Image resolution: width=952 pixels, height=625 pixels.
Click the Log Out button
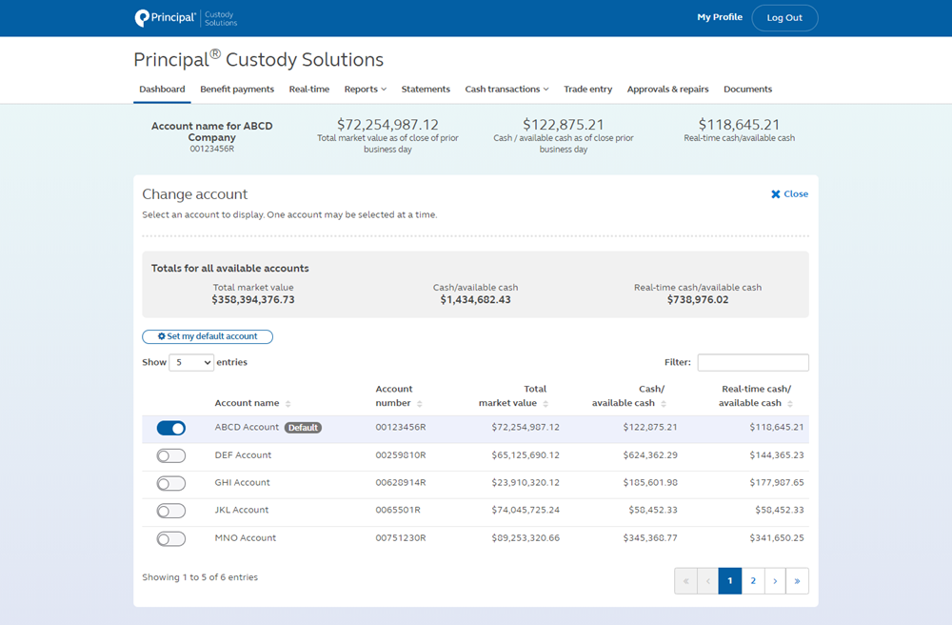(784, 18)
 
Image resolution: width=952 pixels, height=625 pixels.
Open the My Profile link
(720, 17)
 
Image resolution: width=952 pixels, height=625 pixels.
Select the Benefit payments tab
(237, 90)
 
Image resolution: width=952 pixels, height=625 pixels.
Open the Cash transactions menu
(506, 90)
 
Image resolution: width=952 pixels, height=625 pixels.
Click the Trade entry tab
(587, 90)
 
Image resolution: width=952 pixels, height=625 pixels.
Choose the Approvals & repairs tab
(667, 90)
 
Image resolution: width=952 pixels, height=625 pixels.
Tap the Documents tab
(747, 90)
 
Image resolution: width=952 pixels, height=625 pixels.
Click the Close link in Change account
(789, 194)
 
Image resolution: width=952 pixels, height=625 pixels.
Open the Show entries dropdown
(191, 362)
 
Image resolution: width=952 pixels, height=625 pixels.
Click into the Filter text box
(753, 362)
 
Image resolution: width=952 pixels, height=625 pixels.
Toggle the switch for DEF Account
(171, 456)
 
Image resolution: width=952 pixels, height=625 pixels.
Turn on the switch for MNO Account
(171, 539)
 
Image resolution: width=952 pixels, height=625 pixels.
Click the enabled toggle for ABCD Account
(171, 429)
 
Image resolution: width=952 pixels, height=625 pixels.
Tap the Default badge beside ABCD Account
(304, 428)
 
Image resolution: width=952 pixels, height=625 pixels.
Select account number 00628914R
(401, 483)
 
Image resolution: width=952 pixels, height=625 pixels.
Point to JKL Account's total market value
(526, 511)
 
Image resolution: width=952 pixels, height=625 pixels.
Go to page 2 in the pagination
(753, 580)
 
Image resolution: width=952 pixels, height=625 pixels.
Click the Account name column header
(247, 403)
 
